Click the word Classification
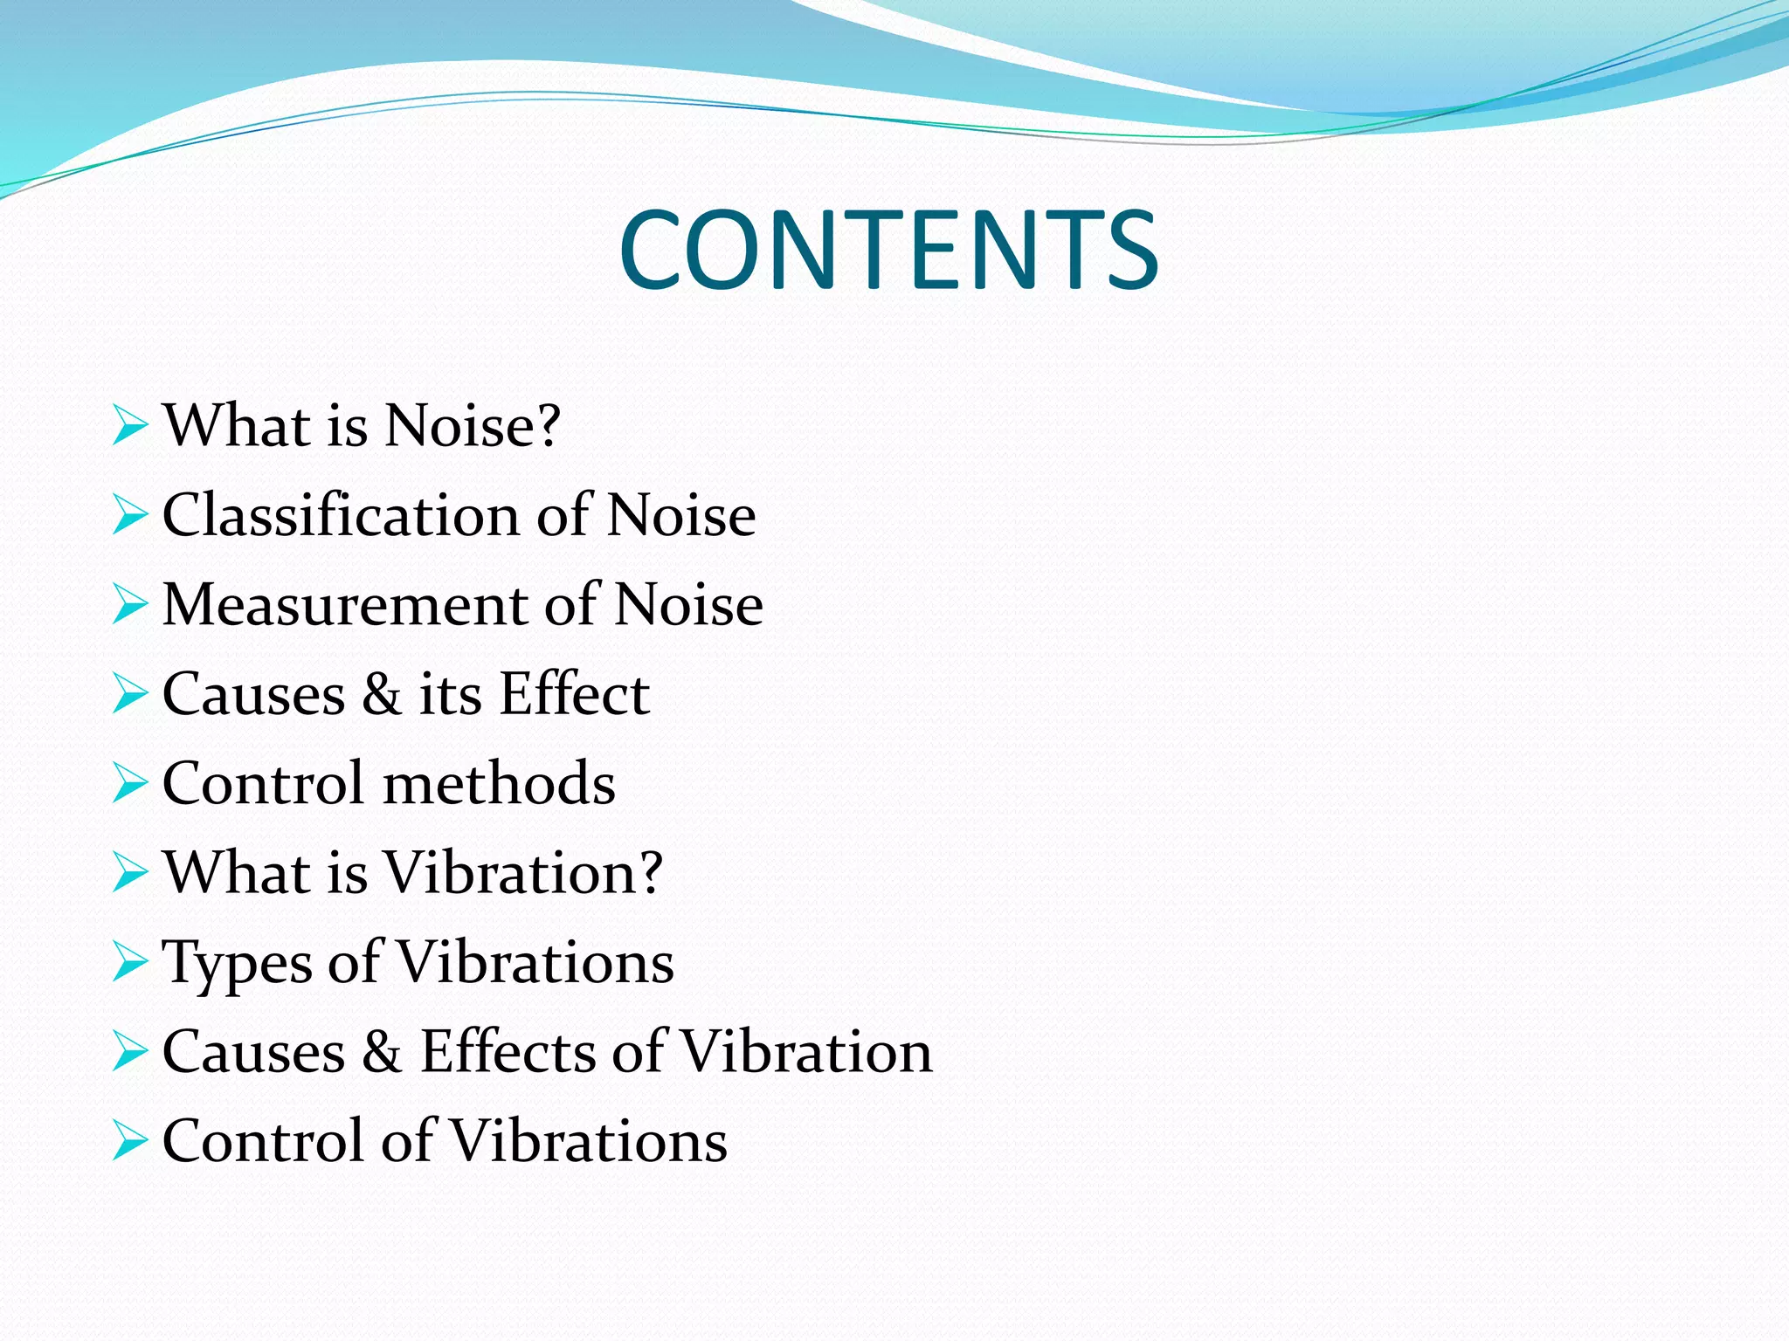click(341, 515)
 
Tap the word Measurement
click(344, 604)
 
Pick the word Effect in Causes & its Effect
click(574, 694)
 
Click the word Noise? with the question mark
click(472, 426)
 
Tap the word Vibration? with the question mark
click(523, 872)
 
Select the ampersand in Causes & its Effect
click(382, 695)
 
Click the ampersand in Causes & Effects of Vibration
click(382, 1051)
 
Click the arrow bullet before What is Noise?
click(130, 426)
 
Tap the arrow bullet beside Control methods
click(130, 783)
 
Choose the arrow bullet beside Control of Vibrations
click(130, 1141)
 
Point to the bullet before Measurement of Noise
click(130, 605)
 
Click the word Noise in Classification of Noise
click(680, 515)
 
